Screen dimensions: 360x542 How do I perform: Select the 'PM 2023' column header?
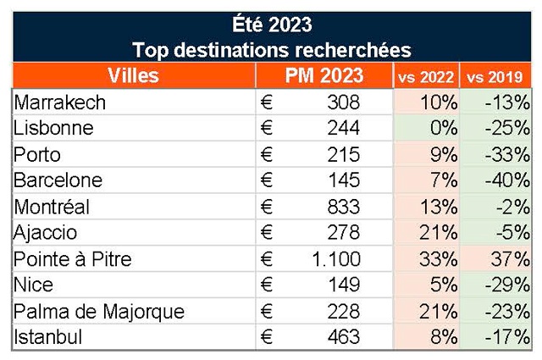click(324, 75)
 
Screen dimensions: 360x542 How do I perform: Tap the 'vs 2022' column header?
click(426, 75)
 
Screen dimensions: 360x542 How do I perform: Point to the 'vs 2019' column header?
click(495, 75)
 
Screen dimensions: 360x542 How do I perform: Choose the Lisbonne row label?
click(52, 129)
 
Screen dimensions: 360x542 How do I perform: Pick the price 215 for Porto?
click(344, 155)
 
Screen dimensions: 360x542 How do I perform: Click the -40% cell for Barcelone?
click(506, 181)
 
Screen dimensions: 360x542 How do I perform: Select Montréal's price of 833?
click(344, 208)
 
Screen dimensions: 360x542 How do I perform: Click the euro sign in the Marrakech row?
click(267, 102)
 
